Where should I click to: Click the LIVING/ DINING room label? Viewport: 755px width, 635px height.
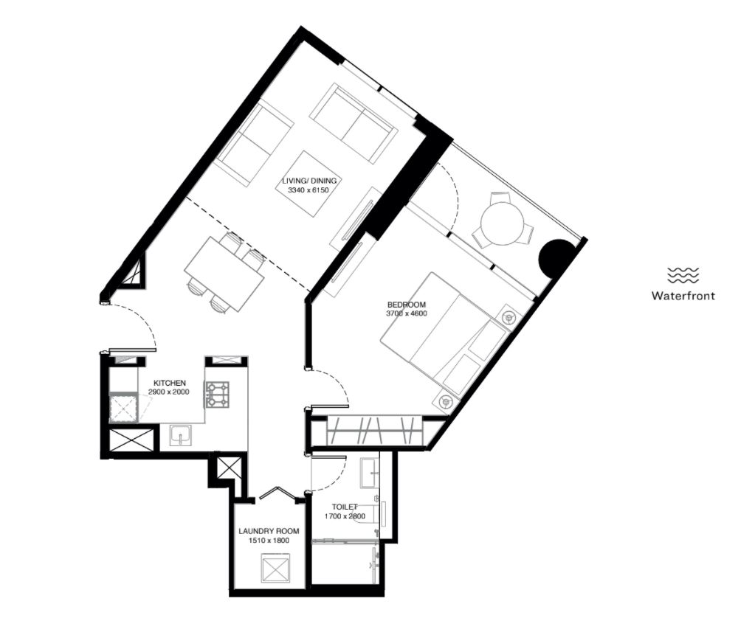pos(308,181)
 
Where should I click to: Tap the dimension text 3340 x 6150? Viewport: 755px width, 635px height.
pos(308,190)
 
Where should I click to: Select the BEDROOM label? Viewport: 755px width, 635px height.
pos(407,305)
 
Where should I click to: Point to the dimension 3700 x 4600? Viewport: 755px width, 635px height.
pos(407,313)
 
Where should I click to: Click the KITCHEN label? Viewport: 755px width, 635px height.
pos(170,383)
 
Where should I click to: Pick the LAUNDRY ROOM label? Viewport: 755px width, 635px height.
pos(269,531)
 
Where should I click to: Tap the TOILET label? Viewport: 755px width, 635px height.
pos(345,507)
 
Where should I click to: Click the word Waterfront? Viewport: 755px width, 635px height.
pos(683,295)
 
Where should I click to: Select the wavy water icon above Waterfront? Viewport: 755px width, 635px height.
pos(683,275)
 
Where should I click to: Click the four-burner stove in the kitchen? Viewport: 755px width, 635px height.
pos(218,395)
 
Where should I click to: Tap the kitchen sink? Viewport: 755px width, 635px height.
pos(181,436)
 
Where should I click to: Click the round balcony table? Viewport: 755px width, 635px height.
pos(502,223)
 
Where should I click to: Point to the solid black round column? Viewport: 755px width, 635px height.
pos(556,257)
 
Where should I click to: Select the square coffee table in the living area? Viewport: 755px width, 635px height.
pos(308,184)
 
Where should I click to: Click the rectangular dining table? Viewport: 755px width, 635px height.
pos(225,274)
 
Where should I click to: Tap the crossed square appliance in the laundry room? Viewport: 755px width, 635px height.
pos(276,569)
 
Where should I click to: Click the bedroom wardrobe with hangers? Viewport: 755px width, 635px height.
pos(374,431)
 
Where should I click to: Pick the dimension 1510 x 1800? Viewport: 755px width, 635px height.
pos(269,541)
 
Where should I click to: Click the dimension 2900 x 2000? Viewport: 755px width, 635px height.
pos(168,392)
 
